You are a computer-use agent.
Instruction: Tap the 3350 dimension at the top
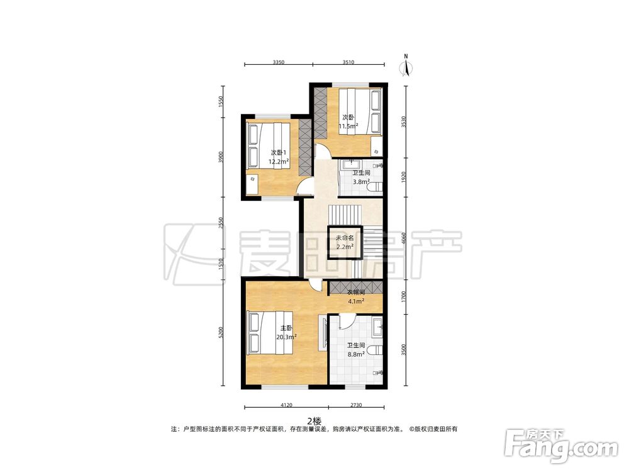[x=279, y=62]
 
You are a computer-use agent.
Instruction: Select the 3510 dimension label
[x=348, y=62]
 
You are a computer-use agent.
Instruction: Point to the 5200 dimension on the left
[x=220, y=332]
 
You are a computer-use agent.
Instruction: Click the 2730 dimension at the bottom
[x=356, y=405]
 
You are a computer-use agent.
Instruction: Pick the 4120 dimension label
[x=286, y=405]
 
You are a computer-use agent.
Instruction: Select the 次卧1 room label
[x=279, y=153]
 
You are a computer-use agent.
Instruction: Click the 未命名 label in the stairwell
[x=345, y=238]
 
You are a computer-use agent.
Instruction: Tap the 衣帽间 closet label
[x=356, y=292]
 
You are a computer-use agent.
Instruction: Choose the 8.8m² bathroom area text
[x=356, y=354]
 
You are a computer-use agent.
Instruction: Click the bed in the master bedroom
[x=270, y=332]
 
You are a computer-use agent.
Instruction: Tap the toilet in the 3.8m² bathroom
[x=376, y=188]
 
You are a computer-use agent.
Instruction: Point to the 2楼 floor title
[x=314, y=421]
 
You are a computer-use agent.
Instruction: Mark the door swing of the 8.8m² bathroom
[x=347, y=322]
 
